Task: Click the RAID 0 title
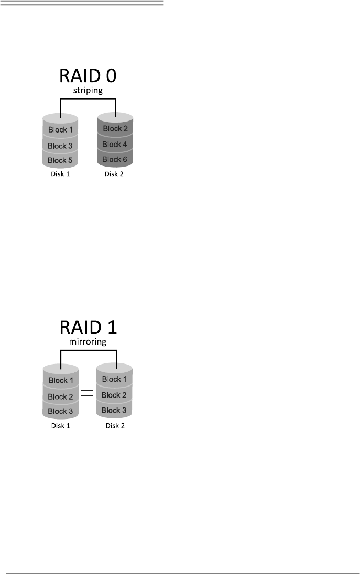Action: (88, 76)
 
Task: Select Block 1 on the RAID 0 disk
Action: (60, 129)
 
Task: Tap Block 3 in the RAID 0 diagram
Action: (60, 146)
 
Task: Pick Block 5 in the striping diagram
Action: (60, 160)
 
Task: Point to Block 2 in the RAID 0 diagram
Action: (115, 128)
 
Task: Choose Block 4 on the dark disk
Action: (115, 144)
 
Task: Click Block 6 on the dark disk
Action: (115, 159)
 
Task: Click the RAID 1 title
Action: (88, 327)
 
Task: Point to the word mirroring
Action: (88, 343)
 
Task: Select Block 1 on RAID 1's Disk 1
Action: (60, 380)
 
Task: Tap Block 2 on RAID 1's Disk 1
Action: (60, 396)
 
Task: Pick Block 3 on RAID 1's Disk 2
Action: (114, 410)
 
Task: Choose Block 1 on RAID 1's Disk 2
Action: (114, 379)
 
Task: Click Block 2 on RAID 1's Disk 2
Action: (114, 395)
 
